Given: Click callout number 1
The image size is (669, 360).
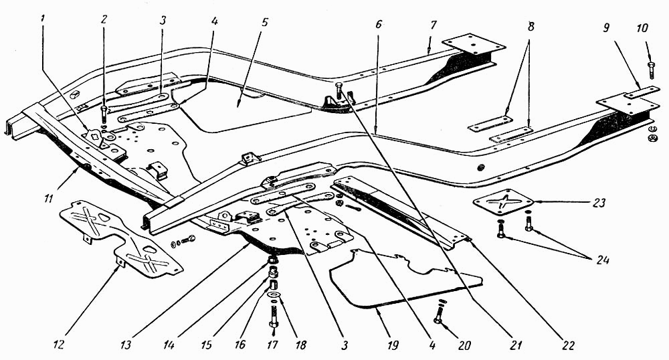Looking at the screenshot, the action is click(x=43, y=19).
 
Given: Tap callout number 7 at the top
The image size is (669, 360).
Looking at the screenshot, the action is click(x=434, y=25).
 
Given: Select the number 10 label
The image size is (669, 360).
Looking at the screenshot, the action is click(x=642, y=28).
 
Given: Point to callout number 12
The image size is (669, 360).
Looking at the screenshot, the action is click(x=59, y=344).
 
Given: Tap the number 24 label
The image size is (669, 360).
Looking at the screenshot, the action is click(x=602, y=260).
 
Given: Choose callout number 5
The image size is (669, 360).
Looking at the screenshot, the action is click(x=265, y=22).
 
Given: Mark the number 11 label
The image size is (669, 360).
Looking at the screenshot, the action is click(x=48, y=199).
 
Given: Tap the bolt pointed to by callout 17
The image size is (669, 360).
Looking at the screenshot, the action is click(x=274, y=317).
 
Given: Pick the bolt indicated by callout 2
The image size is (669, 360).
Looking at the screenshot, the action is click(x=104, y=114).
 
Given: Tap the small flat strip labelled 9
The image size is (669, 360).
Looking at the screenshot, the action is click(x=642, y=92).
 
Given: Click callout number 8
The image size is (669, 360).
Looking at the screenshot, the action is click(x=531, y=27).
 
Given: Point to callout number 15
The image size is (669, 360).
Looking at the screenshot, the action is click(x=207, y=344).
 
